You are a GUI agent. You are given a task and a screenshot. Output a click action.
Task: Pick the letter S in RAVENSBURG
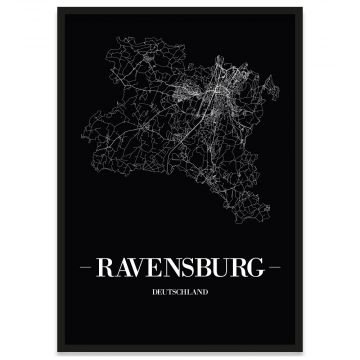coord(189,269)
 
